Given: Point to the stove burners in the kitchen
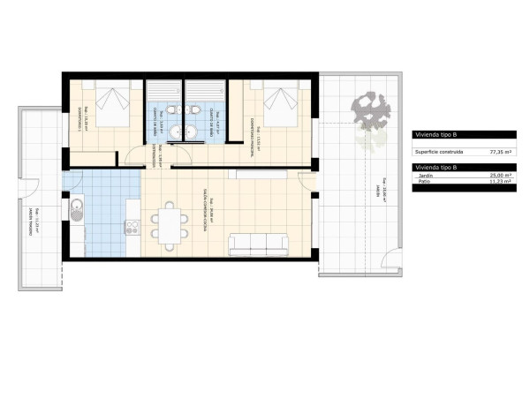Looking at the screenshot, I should [132, 227].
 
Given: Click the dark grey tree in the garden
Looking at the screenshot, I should [370, 109].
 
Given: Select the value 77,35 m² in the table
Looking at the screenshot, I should [503, 151].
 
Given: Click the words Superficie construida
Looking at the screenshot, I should [439, 151].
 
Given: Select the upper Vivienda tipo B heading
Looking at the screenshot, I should [436, 135].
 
